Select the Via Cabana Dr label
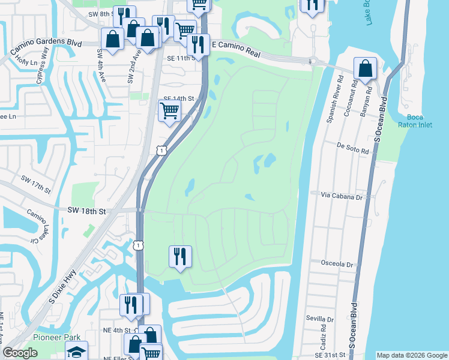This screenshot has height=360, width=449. pyautogui.click(x=342, y=196)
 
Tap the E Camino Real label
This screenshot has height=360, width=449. pyautogui.click(x=238, y=49)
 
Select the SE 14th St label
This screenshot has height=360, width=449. pyautogui.click(x=179, y=98)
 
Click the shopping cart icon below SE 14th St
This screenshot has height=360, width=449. pyautogui.click(x=169, y=111)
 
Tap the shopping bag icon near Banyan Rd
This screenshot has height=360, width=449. pyautogui.click(x=365, y=69)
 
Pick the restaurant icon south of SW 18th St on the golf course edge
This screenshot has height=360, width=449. pyautogui.click(x=180, y=257)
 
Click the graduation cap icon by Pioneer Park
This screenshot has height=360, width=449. pyautogui.click(x=76, y=352)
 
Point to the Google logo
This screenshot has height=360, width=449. pyautogui.click(x=20, y=353)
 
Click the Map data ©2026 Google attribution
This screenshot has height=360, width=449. pyautogui.click(x=412, y=355)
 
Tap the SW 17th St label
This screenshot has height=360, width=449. pyautogui.click(x=36, y=184)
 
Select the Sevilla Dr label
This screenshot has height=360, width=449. pyautogui.click(x=319, y=319)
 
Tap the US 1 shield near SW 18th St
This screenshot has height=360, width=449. pyautogui.click(x=139, y=245)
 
